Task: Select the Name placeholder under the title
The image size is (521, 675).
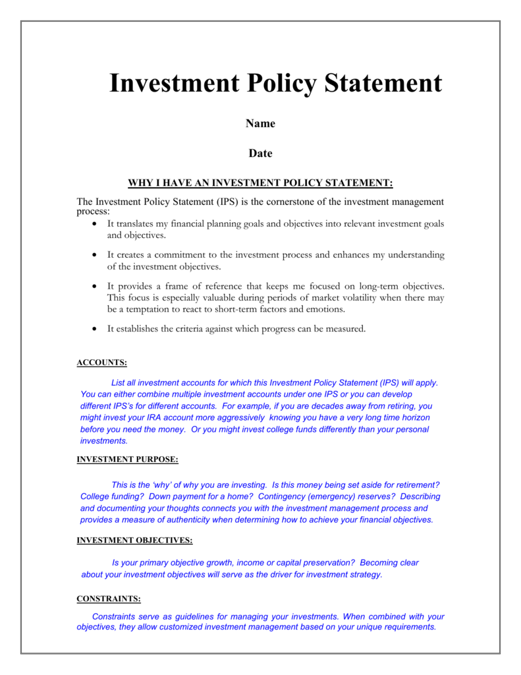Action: (x=260, y=123)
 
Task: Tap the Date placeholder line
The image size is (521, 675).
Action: (x=260, y=154)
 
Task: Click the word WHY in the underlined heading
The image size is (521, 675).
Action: (x=140, y=183)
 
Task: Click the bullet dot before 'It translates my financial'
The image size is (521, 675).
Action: (x=95, y=224)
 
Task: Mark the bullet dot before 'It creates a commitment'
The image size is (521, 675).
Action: (x=95, y=254)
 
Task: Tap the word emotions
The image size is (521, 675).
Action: (x=323, y=309)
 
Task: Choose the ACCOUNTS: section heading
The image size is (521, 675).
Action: (x=102, y=363)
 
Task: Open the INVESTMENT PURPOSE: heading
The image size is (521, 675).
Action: (x=128, y=459)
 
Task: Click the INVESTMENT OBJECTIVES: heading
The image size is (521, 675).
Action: (x=135, y=541)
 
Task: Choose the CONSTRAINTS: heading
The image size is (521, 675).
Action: (x=109, y=599)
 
